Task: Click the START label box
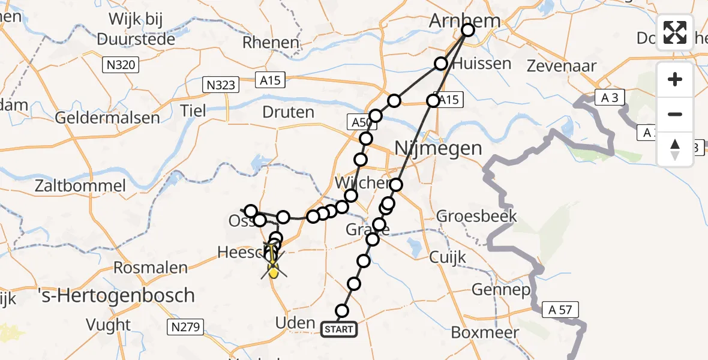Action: coord(340,329)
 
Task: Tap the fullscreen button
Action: coord(675,32)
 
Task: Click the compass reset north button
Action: coord(675,149)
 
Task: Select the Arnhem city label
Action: coord(464,22)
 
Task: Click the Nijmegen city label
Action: coord(438,148)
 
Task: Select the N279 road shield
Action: coord(185,327)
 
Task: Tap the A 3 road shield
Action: coord(609,97)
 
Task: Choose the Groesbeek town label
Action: coord(476,216)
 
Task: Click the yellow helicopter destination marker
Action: coord(273,272)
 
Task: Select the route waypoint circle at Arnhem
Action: coord(467,29)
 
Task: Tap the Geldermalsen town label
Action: coord(107,117)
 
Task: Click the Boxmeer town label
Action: coord(481,331)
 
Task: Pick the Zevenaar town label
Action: coord(561,66)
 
